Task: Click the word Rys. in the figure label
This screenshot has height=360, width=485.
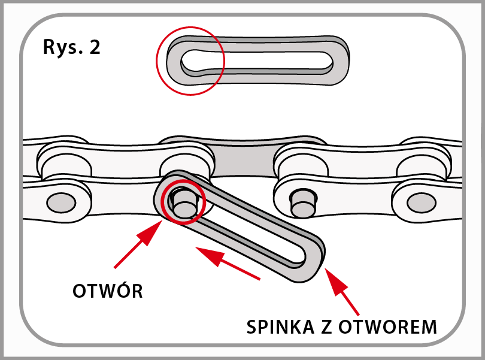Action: click(x=62, y=48)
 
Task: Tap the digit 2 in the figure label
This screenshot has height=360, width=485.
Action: click(x=94, y=48)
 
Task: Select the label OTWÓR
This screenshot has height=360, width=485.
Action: click(x=107, y=292)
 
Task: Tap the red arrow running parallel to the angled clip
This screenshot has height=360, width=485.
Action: click(x=227, y=263)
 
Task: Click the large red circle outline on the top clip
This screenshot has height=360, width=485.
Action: click(x=190, y=60)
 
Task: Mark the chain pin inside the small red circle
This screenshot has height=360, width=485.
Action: click(x=183, y=202)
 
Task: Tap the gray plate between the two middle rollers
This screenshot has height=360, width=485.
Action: click(x=244, y=162)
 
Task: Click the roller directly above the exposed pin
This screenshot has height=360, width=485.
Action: click(x=302, y=161)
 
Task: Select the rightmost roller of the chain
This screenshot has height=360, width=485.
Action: click(x=422, y=159)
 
